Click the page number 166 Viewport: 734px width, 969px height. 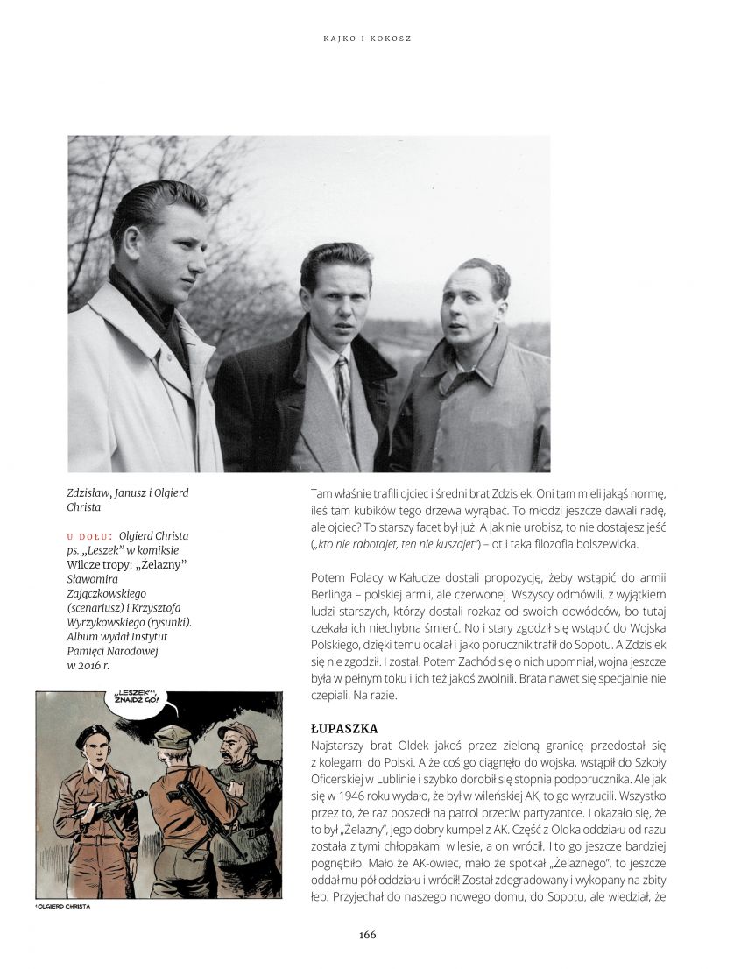point(367,934)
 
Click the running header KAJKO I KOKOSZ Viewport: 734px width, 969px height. point(367,39)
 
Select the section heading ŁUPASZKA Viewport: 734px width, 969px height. point(344,728)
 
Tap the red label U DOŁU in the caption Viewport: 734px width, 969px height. point(88,536)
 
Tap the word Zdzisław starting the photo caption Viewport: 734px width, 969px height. point(92,493)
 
